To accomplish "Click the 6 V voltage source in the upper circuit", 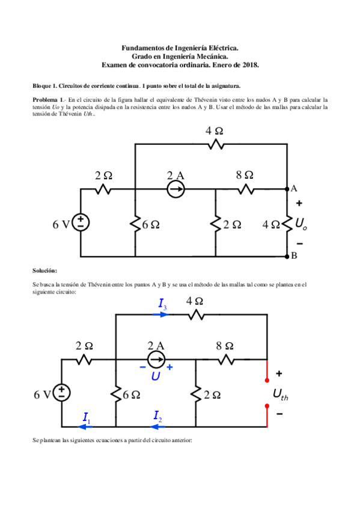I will pos(81,222).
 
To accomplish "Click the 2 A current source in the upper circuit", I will pos(175,189).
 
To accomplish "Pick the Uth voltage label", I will pos(281,395).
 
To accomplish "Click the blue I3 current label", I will pos(163,306).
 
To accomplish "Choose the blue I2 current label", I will pos(157,416).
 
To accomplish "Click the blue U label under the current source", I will pos(156,376).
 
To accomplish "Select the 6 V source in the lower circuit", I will pos(62,393).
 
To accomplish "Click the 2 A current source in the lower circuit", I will pos(156,360).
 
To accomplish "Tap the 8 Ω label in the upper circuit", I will pos(245,175).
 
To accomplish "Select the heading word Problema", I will pos(46,99).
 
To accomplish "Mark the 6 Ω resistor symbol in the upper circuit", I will pos(135,223).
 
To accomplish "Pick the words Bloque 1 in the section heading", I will pos(44,86).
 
